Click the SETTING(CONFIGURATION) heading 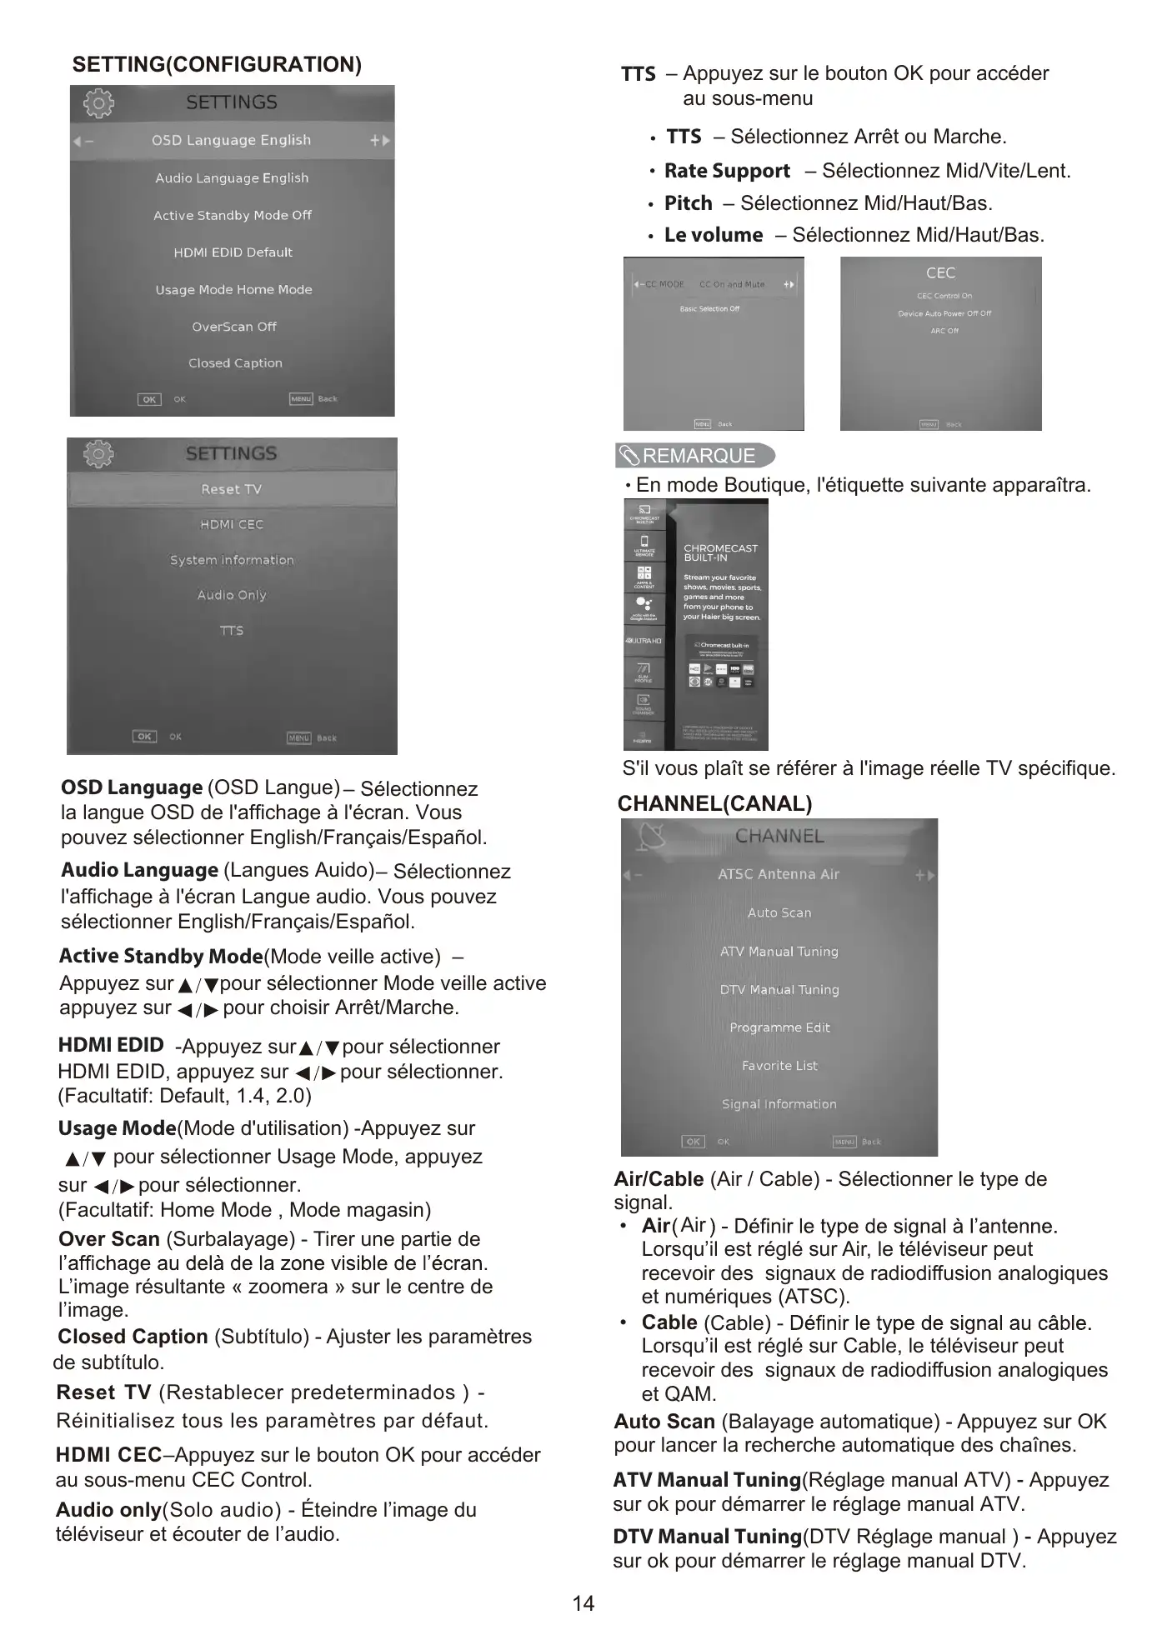[217, 65]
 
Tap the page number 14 [583, 1602]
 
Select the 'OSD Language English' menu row [231, 140]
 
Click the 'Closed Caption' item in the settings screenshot [235, 363]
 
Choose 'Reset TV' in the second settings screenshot [231, 489]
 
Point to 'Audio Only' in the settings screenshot [232, 595]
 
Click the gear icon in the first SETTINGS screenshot [98, 103]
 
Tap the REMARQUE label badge [695, 456]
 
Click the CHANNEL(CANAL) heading [714, 803]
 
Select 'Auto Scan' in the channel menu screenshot [779, 912]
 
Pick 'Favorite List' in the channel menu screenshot [779, 1066]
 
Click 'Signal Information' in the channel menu [779, 1104]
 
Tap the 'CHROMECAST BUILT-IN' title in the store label [720, 552]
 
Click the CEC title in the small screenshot [940, 273]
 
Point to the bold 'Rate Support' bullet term [727, 171]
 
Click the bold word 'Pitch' [688, 203]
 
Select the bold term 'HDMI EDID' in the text [111, 1045]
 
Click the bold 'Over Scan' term [109, 1239]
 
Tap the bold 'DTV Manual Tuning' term [707, 1537]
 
